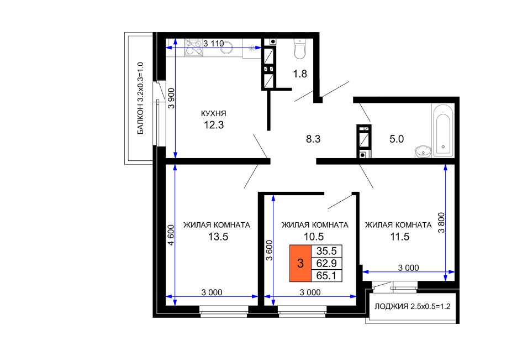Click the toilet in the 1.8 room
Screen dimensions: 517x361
tap(300, 49)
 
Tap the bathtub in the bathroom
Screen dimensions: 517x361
tap(443, 130)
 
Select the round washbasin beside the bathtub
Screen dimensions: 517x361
tap(423, 152)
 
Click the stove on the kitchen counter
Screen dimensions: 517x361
tap(193, 48)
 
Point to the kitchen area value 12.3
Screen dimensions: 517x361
tap(214, 125)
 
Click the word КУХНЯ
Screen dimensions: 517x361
tap(214, 113)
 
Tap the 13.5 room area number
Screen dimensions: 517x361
tap(218, 237)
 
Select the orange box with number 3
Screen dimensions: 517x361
tap(300, 263)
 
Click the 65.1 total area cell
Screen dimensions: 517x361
tap(326, 275)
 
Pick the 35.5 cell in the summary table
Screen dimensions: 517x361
tap(326, 251)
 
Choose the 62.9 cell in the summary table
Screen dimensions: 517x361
tap(326, 263)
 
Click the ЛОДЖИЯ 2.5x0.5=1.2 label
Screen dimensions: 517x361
tap(412, 307)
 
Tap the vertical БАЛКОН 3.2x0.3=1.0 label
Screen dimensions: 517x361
tap(140, 98)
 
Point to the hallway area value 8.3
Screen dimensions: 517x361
tap(313, 139)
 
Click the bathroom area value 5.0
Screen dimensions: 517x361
tap(397, 139)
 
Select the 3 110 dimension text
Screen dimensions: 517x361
tap(214, 44)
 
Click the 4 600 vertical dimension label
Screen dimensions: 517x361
tap(171, 235)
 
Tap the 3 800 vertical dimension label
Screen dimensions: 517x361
tap(441, 223)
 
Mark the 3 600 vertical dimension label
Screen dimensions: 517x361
tap(270, 250)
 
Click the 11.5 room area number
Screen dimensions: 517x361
tap(399, 237)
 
